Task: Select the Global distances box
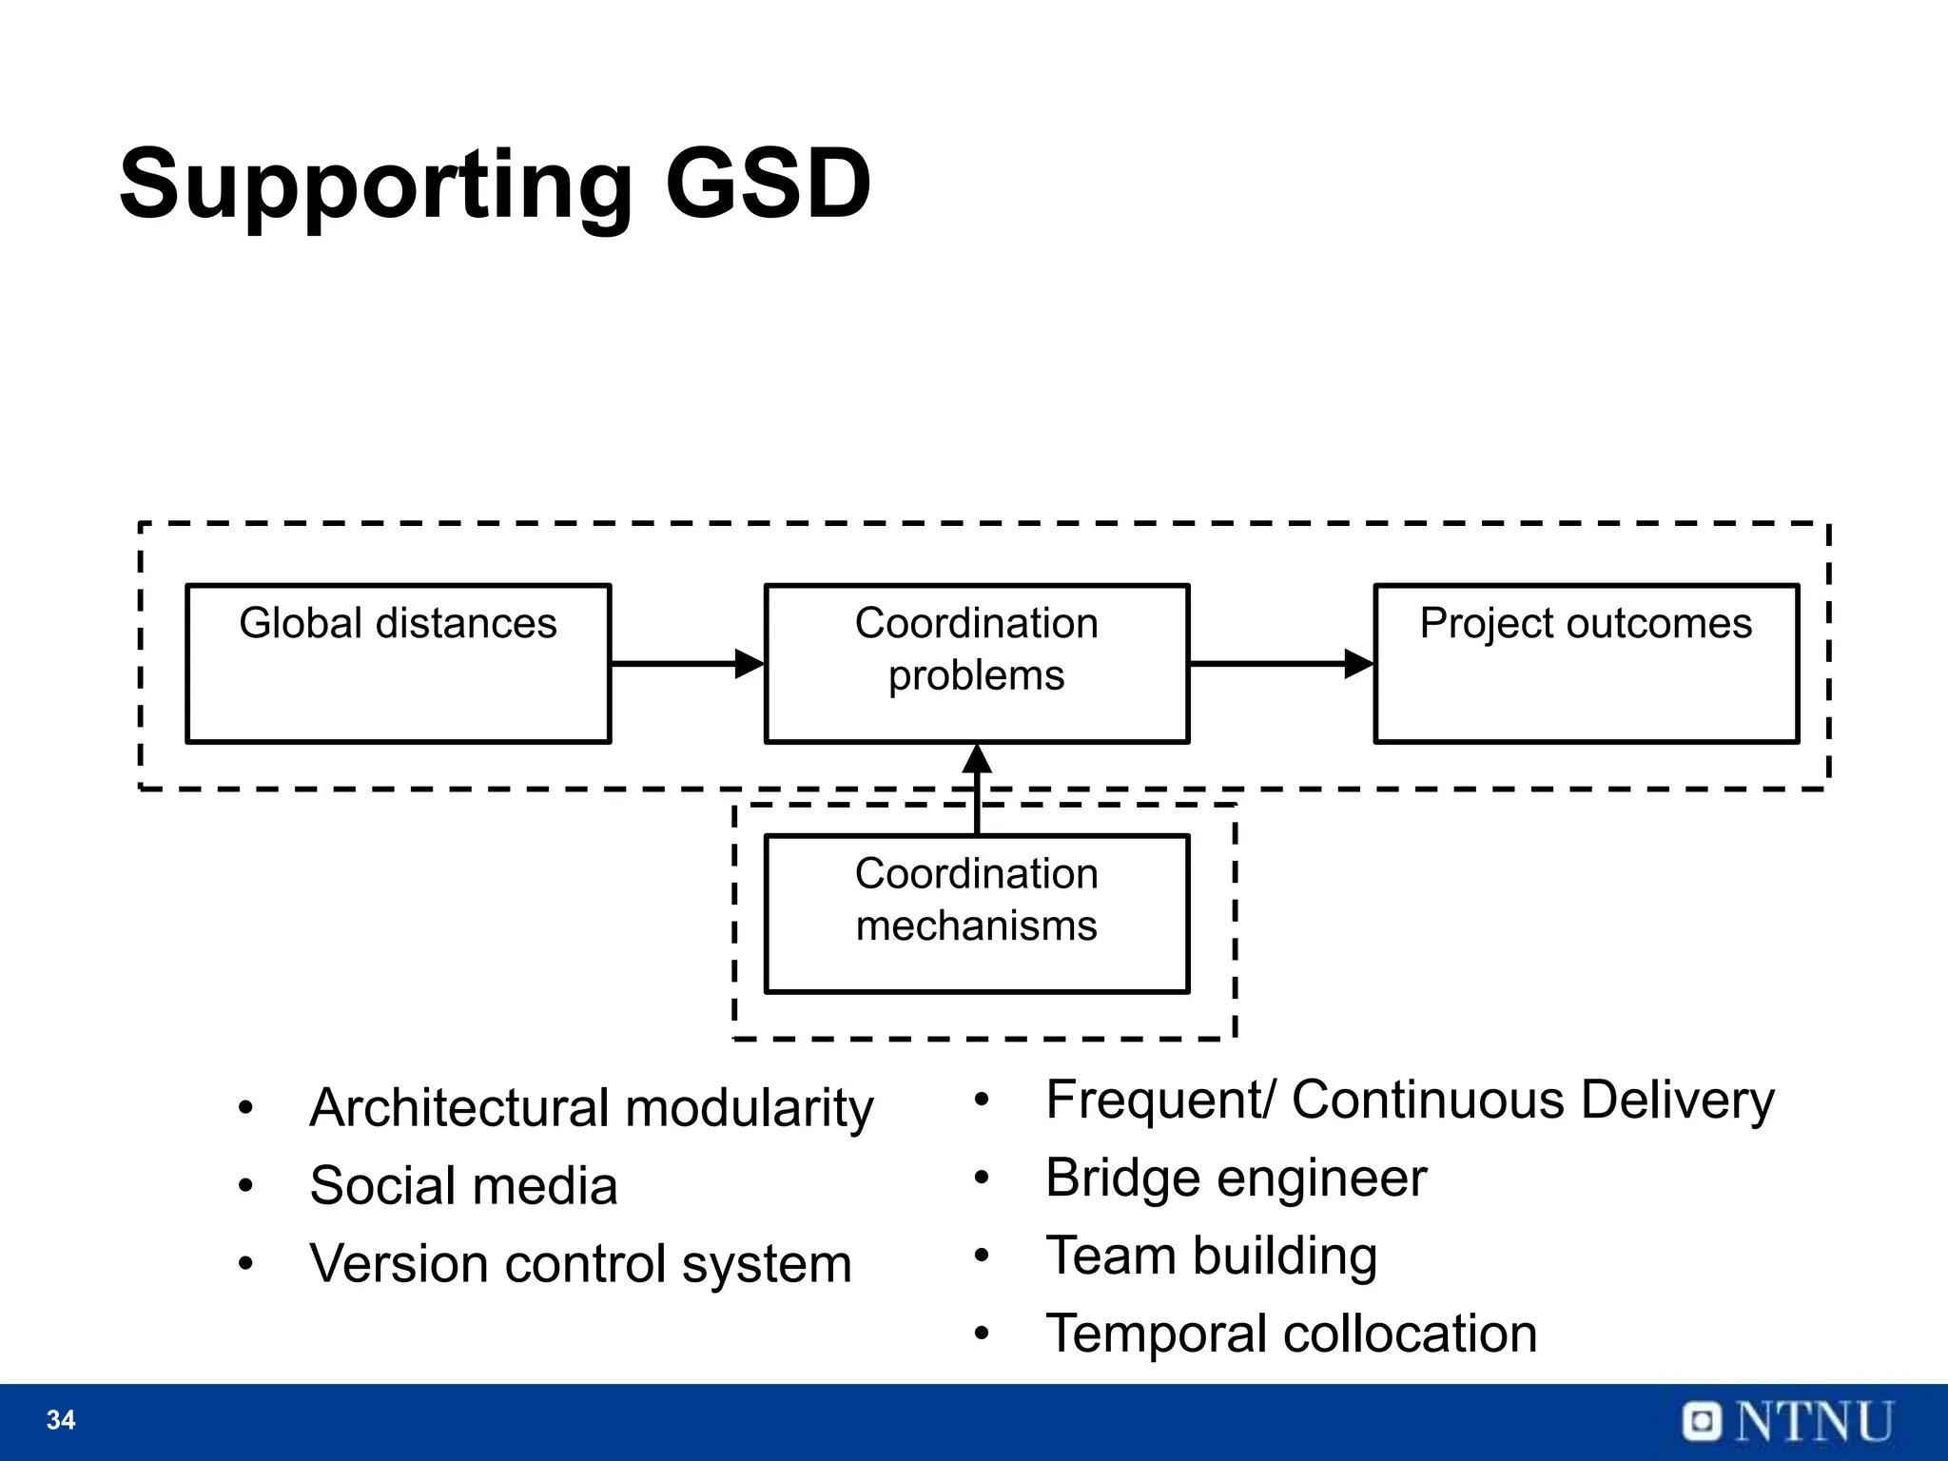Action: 398,663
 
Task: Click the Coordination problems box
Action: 977,663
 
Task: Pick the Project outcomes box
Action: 1586,663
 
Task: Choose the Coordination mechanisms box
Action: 977,913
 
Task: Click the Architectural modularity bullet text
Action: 591,1108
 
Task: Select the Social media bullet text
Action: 463,1186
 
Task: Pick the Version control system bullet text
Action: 580,1264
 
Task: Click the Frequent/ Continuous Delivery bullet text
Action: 1410,1101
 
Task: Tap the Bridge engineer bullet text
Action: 1236,1179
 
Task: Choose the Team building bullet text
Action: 1211,1256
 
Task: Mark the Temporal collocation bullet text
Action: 1291,1334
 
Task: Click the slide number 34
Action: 61,1420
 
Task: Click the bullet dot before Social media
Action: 246,1187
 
